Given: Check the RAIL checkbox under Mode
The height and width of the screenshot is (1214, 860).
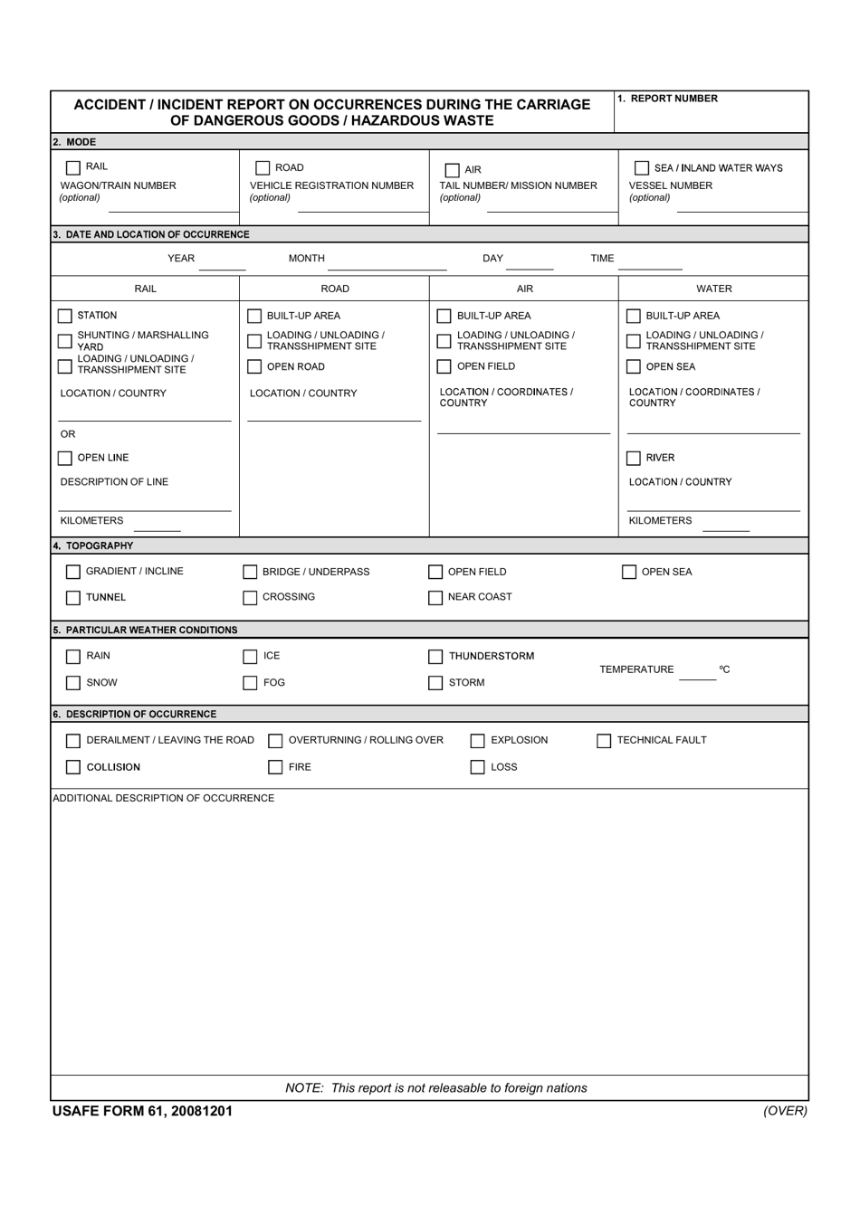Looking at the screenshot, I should tap(73, 167).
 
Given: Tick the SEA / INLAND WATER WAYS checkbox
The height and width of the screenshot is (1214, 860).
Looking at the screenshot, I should tap(642, 168).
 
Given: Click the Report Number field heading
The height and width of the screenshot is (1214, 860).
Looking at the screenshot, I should tap(667, 99).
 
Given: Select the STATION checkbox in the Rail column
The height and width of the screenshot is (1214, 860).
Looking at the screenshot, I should tap(65, 316).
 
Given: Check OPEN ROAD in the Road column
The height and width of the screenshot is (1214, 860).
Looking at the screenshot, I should tap(254, 366).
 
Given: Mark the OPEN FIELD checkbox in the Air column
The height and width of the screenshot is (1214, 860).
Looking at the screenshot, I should tap(444, 366).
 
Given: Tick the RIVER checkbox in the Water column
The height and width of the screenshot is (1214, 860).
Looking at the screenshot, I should tap(634, 458).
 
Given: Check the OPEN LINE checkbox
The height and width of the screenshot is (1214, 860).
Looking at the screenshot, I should tap(65, 458).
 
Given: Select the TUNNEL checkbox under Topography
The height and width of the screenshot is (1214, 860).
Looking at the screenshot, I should tap(73, 598).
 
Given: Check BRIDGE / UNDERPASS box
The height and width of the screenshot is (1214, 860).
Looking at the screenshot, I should tap(250, 572).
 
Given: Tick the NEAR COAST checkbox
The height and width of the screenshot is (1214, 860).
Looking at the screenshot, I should tap(435, 598).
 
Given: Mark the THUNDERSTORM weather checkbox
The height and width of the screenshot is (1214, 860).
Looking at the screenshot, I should tap(435, 657).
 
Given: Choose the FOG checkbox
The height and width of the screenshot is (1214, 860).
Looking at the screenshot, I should tap(250, 683).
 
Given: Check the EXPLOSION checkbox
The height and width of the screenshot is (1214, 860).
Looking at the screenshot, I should tap(477, 741).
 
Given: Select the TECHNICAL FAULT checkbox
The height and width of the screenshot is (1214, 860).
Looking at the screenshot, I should tap(604, 741).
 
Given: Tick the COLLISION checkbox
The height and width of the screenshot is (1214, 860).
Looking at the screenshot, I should tap(73, 767).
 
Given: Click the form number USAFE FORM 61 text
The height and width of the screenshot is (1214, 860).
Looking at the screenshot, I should tap(142, 1111).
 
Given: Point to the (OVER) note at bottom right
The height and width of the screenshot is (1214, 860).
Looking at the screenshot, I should tap(784, 1110).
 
